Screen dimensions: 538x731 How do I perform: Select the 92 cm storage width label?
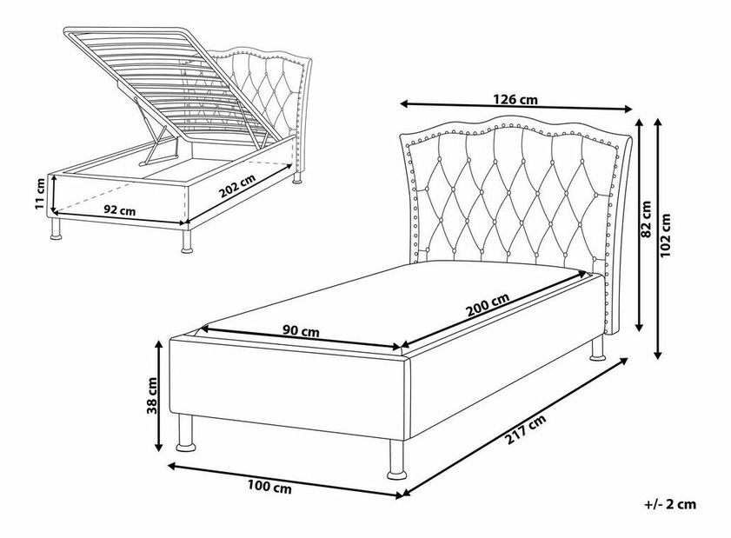tap(119, 210)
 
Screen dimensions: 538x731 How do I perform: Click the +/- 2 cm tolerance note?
tap(670, 503)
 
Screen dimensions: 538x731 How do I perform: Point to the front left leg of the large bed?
tap(185, 432)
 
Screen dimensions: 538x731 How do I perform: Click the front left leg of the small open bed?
tap(58, 229)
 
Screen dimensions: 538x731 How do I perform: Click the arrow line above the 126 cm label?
tap(516, 109)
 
